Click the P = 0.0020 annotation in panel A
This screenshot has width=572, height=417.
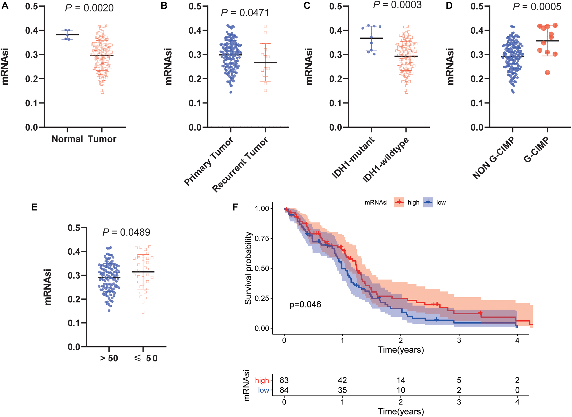[x=89, y=8]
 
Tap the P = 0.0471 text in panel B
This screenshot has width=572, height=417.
[x=245, y=13]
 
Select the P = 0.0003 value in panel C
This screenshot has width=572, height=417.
[x=397, y=5]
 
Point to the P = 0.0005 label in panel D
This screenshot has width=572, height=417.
[x=537, y=7]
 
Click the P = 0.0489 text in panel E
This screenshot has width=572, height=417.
[x=126, y=232]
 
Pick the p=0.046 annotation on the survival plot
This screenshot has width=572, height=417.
[x=305, y=304]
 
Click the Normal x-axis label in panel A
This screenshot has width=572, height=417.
[x=67, y=139]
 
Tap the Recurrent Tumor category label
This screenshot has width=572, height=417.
[x=240, y=164]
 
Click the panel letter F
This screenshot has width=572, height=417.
[x=235, y=207]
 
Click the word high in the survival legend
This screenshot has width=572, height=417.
[x=413, y=202]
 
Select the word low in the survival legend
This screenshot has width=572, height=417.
[x=441, y=202]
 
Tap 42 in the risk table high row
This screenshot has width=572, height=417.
[x=342, y=380]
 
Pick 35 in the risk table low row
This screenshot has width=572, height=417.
[x=342, y=390]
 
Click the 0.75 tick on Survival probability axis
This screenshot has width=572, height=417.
[x=262, y=238]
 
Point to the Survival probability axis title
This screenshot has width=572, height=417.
[x=248, y=268]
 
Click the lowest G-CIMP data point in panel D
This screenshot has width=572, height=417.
[x=547, y=73]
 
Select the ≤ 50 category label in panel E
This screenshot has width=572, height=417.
[x=146, y=358]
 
